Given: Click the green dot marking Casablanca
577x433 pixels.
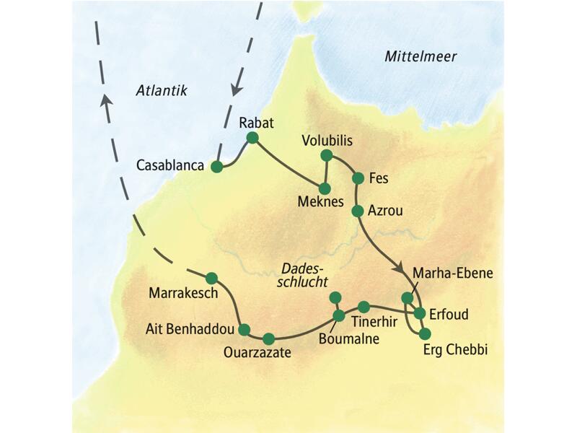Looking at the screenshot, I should click(216, 167).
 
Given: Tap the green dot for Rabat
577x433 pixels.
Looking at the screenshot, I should click(252, 137).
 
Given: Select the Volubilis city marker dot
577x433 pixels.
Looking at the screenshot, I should click(327, 155).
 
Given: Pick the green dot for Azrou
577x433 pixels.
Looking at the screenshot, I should click(356, 211).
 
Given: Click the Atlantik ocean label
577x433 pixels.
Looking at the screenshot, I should click(162, 90).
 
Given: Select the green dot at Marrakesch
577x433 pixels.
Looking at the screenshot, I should click(211, 278).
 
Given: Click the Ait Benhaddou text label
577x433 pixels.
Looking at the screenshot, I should click(190, 330).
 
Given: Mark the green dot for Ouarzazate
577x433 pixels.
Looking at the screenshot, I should click(269, 338).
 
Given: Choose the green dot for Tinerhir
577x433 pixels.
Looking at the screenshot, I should click(364, 306).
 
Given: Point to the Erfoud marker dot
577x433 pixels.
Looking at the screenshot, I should click(420, 313).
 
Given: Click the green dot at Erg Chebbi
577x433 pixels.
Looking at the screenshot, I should click(424, 333).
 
